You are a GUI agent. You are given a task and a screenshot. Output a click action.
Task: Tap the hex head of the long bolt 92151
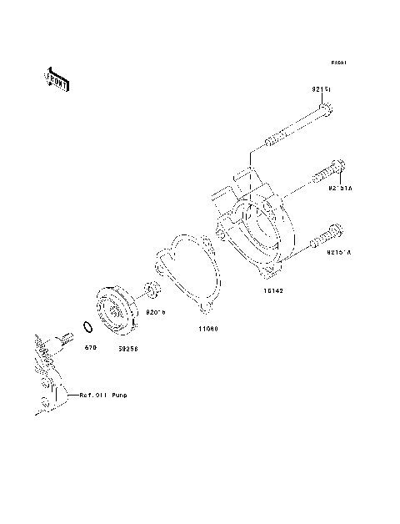pyautogui.click(x=326, y=108)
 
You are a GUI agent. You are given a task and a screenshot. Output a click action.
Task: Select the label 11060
pyautogui.click(x=207, y=328)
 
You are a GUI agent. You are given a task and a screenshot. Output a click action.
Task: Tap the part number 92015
pyautogui.click(x=156, y=312)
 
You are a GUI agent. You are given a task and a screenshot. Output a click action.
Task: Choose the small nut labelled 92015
pyautogui.click(x=152, y=291)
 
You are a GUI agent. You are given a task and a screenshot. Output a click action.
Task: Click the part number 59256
pyautogui.click(x=127, y=349)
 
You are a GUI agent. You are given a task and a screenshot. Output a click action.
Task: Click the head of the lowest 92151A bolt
pyautogui.click(x=336, y=231)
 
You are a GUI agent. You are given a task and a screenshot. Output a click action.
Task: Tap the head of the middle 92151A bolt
pyautogui.click(x=337, y=169)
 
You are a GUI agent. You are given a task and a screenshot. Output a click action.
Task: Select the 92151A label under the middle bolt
pyautogui.click(x=340, y=189)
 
